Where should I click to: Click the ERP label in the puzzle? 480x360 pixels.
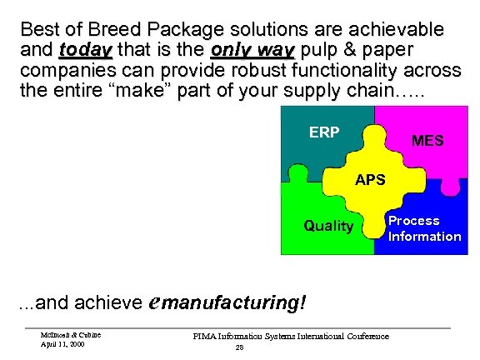pyautogui.click(x=324, y=132)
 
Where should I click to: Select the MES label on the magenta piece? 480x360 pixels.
pyautogui.click(x=427, y=141)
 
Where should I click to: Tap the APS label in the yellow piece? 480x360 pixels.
pyautogui.click(x=369, y=179)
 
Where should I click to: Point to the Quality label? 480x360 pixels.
pyautogui.click(x=327, y=226)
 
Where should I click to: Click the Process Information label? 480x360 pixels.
pyautogui.click(x=423, y=228)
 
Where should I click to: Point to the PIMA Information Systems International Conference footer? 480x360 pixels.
pyautogui.click(x=291, y=336)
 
